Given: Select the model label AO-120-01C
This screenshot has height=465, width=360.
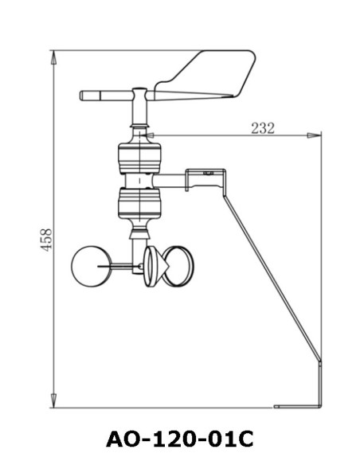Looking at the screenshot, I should pyautogui.click(x=180, y=438).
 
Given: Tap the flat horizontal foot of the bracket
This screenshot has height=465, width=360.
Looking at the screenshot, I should pyautogui.click(x=298, y=406).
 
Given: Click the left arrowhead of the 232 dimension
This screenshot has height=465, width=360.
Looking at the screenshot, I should pyautogui.click(x=151, y=136).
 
